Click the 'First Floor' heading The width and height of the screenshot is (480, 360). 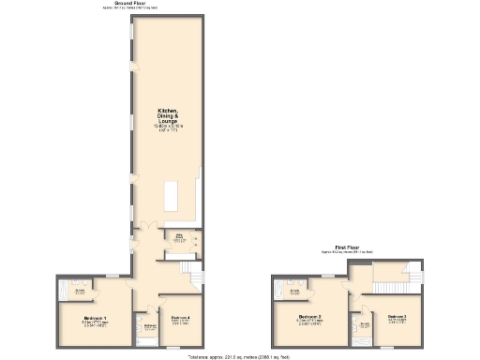coord(347,247)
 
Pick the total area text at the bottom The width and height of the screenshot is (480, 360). coord(240,356)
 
